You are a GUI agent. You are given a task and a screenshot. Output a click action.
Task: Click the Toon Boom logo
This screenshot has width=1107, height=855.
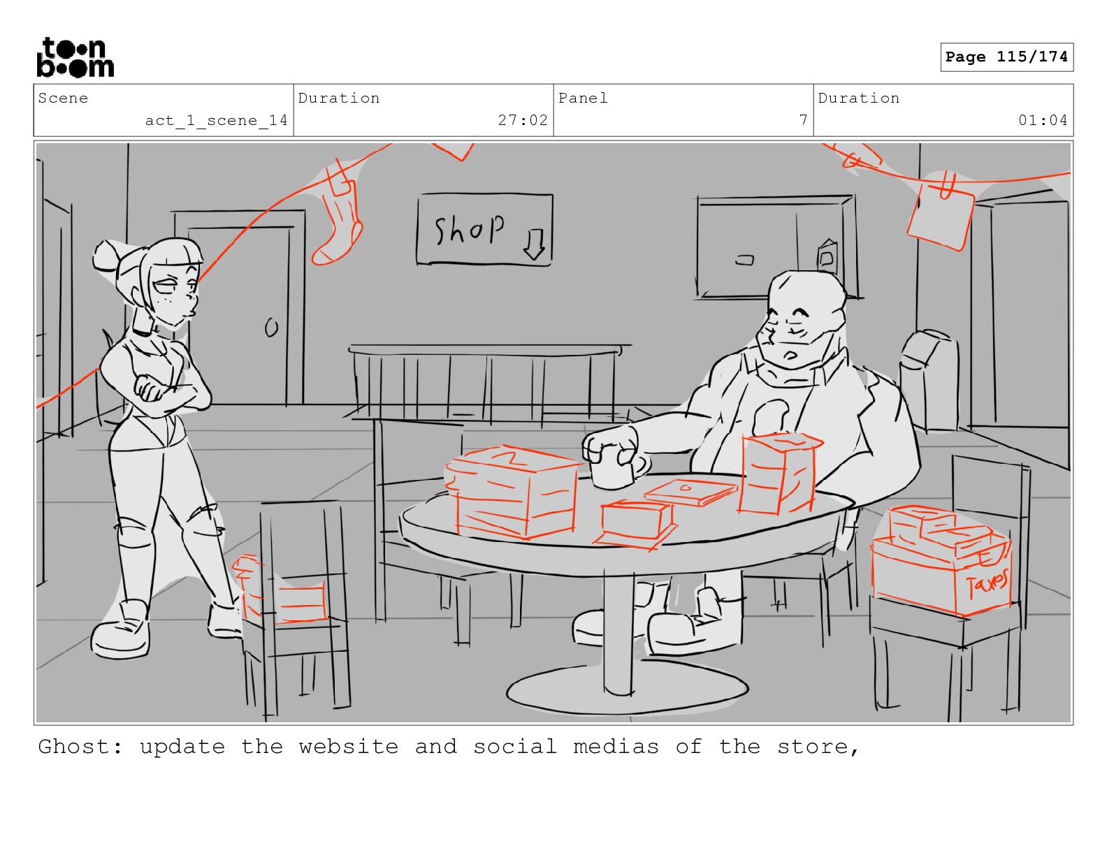(x=75, y=57)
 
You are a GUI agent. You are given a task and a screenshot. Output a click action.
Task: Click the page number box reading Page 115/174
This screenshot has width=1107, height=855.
(x=1006, y=57)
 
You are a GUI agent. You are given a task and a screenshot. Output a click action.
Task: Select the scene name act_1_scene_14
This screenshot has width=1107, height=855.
(x=216, y=121)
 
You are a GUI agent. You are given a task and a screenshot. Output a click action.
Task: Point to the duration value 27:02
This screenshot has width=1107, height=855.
(x=523, y=120)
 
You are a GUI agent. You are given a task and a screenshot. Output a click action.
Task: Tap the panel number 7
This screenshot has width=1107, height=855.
(x=804, y=120)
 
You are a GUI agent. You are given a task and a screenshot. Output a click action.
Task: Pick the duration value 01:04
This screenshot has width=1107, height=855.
(x=1043, y=120)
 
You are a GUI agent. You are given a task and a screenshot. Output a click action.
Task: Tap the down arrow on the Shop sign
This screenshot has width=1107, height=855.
(x=535, y=244)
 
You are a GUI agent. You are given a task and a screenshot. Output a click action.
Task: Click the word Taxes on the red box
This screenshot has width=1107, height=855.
(x=987, y=584)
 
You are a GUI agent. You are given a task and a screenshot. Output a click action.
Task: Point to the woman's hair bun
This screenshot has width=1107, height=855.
(x=106, y=257)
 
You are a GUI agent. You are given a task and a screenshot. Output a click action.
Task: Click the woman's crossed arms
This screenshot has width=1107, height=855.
(x=162, y=392)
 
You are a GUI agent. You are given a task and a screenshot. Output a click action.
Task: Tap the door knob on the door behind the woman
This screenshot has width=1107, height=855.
(x=272, y=328)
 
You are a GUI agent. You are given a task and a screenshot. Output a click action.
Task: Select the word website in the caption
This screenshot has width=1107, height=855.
(x=349, y=747)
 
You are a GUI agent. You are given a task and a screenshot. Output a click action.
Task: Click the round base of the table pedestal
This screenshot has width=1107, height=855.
(x=627, y=689)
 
